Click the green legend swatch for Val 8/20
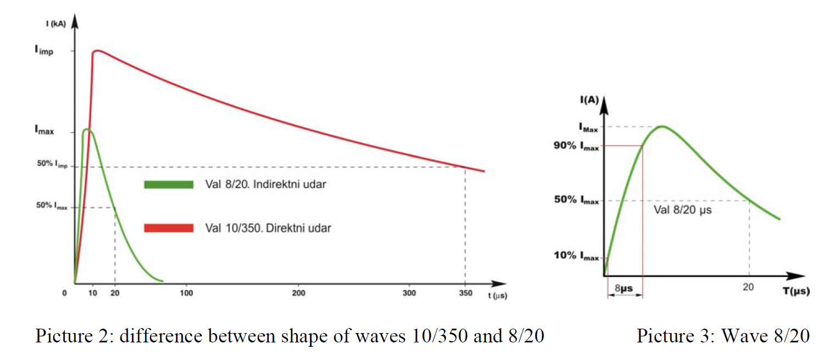169,185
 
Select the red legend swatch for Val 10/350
169,228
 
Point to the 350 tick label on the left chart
466,293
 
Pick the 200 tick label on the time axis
299,293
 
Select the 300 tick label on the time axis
409,293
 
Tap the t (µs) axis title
497,296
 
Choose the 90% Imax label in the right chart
576,146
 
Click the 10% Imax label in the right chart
576,256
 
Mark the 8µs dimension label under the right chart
623,287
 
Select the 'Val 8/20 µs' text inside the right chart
682,210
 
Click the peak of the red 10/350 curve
97,51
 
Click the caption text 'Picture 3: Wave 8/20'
722,335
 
